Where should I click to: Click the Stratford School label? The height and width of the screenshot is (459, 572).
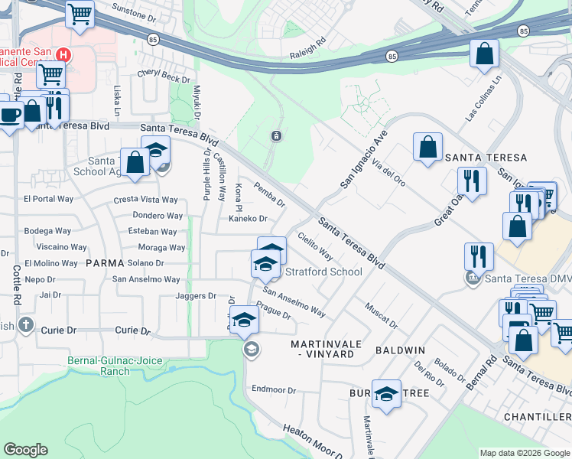tap(323, 272)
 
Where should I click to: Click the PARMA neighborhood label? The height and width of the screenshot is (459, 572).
tap(104, 262)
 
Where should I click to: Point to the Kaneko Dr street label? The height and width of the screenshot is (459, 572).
tap(247, 218)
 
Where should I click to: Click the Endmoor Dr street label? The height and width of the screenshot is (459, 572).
tap(273, 390)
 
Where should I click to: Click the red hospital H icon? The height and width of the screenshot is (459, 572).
tap(64, 55)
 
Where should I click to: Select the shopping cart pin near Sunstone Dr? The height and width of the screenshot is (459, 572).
tap(80, 13)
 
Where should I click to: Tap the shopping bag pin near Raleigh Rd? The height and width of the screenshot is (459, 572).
tap(484, 54)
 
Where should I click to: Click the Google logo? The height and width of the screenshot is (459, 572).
tap(25, 450)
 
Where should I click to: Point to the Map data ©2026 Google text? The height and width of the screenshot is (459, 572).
tap(524, 453)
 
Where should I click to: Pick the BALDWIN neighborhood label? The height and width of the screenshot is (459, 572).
tap(400, 350)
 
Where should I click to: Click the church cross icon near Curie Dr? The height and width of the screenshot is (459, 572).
tap(27, 324)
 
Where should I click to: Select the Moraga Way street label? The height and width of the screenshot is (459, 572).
tap(161, 248)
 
